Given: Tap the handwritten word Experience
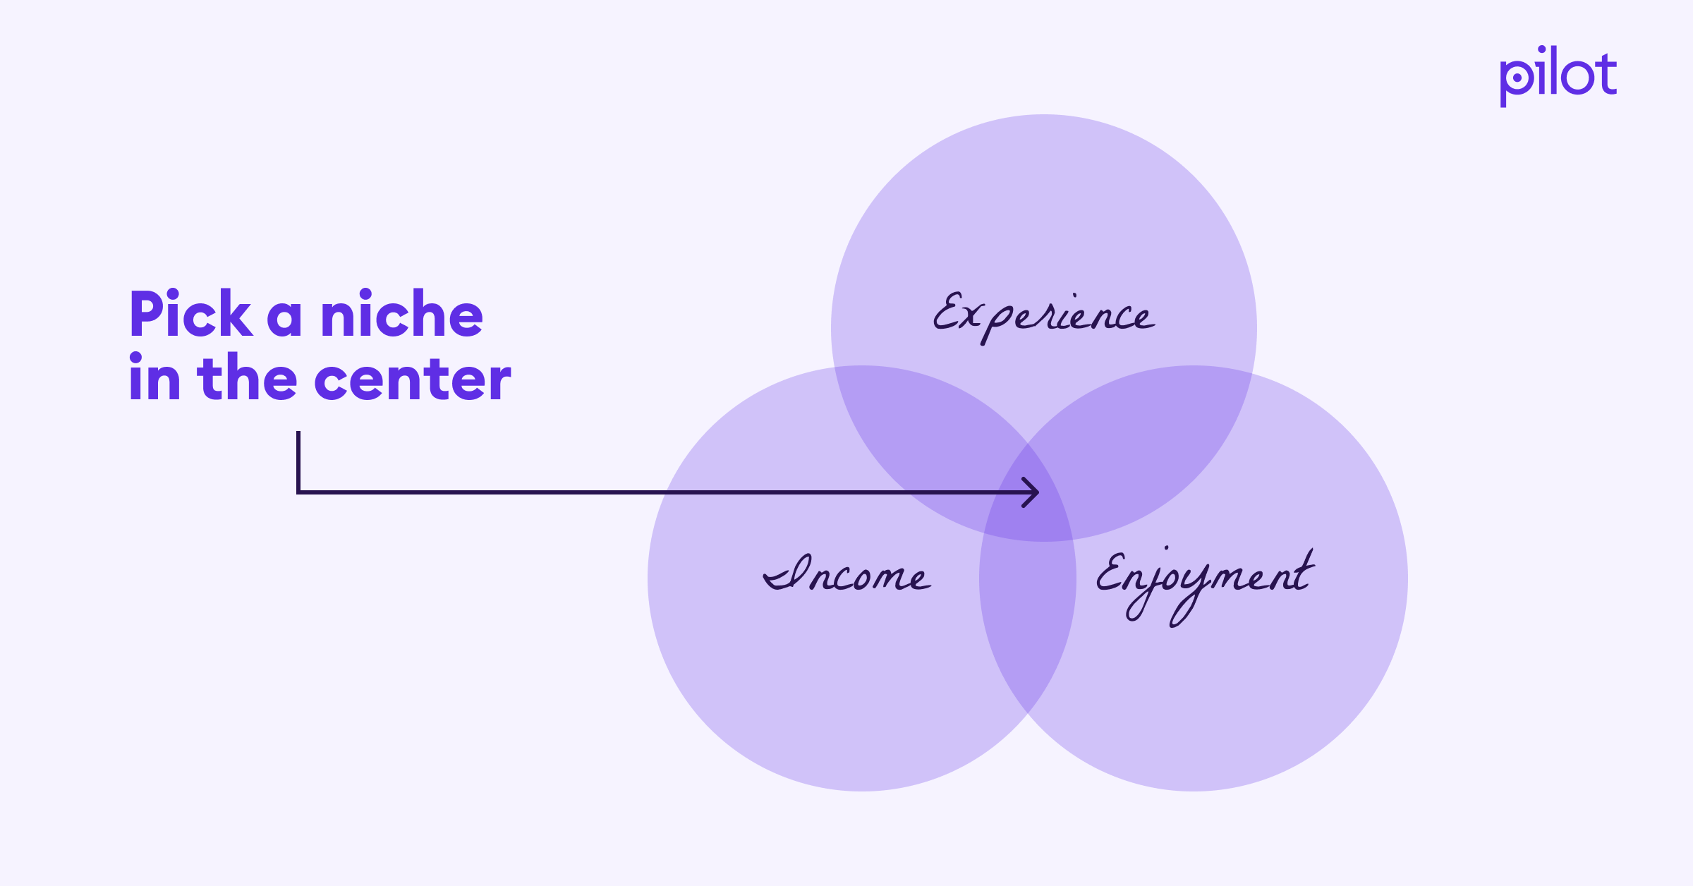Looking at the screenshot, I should point(1043,316).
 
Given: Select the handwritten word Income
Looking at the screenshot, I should point(846,575).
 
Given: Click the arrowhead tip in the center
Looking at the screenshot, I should point(1037,492).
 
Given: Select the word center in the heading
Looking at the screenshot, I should point(412,379).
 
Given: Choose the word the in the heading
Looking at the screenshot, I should point(248,379).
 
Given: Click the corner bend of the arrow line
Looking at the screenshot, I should point(299,492).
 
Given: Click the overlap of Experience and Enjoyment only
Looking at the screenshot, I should point(1157,444).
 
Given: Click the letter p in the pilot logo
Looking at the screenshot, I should point(1515,81).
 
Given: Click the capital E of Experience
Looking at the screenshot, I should point(949,312).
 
